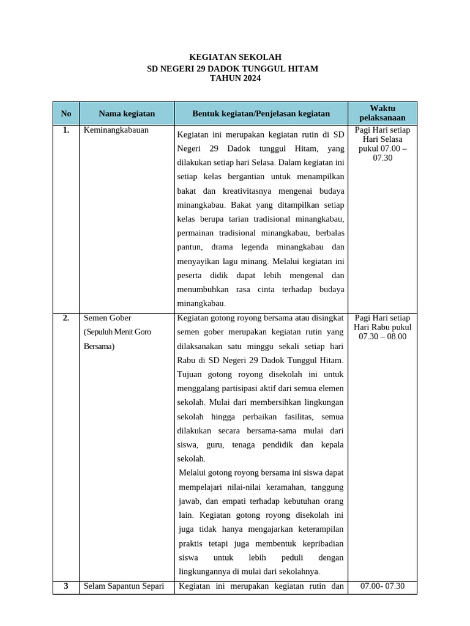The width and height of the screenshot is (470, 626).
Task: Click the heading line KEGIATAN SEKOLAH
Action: point(235,57)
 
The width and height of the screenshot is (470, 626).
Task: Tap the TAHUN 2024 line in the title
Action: point(235,78)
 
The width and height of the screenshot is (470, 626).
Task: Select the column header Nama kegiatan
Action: point(127,114)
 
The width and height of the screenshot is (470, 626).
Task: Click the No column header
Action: point(66,114)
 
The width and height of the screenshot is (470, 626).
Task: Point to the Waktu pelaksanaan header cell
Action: point(382,113)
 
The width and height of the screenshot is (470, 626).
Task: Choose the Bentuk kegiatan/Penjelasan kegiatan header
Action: point(261,114)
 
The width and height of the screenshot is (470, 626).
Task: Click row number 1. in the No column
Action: point(66,130)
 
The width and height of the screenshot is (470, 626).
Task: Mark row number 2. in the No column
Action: point(66,319)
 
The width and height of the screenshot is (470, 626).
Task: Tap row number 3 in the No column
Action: point(66,586)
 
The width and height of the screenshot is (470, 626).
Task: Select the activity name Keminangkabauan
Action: point(116,130)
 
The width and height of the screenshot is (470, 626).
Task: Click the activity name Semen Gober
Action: point(107,319)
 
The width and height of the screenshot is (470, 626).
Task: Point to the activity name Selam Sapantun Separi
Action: point(124,586)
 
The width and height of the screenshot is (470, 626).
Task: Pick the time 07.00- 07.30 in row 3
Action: point(382,586)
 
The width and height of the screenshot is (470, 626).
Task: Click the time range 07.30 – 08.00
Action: point(382,336)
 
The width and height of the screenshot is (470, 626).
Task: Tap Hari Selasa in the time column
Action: point(382,139)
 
